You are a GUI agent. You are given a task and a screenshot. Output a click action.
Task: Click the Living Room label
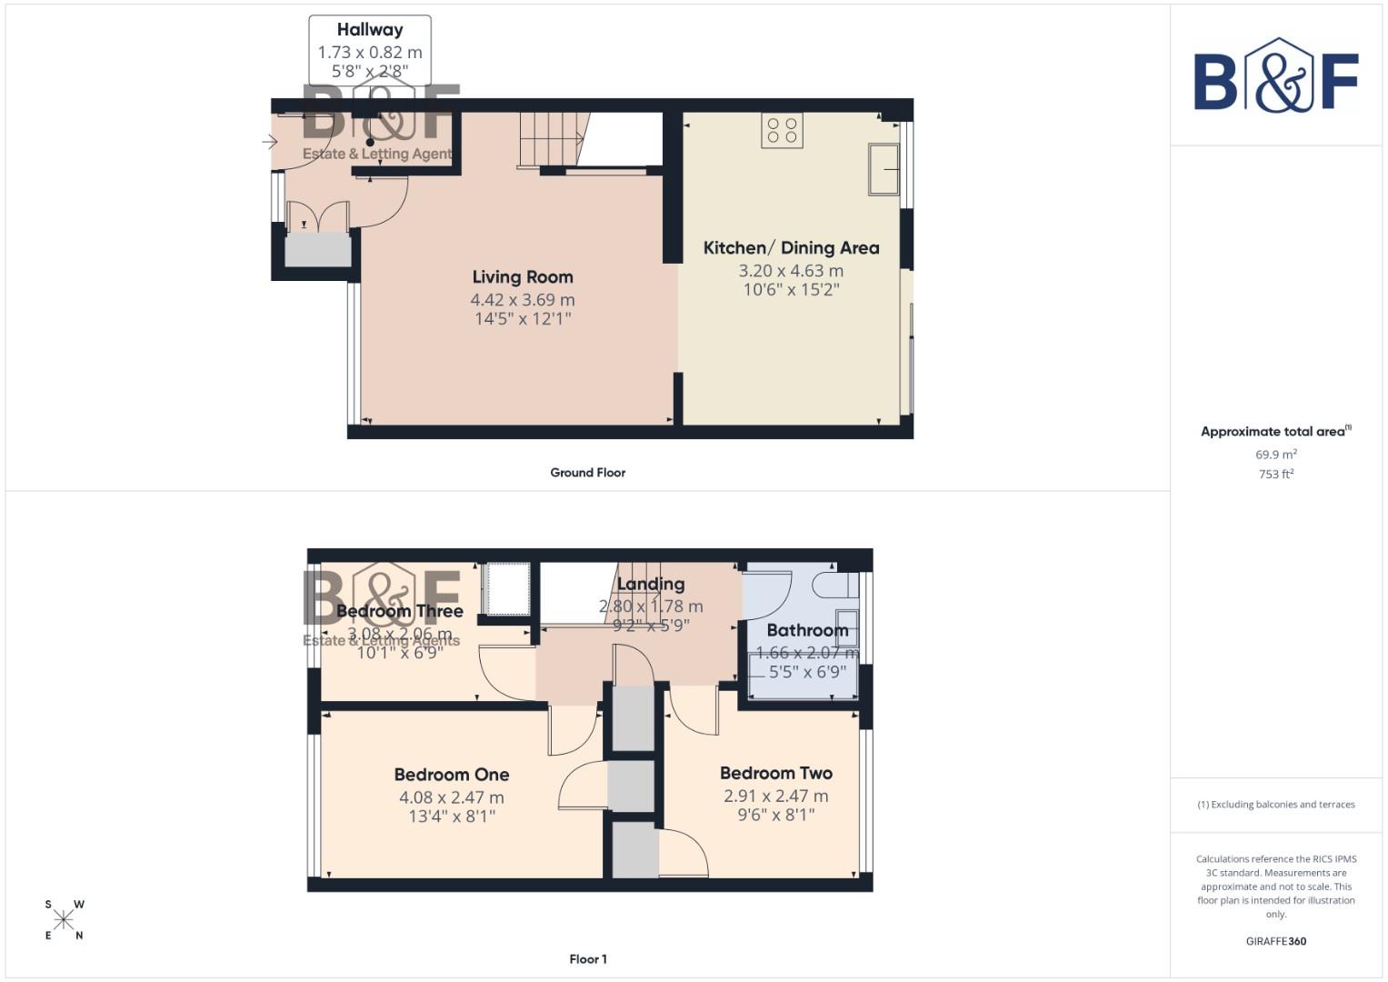pyautogui.click(x=523, y=277)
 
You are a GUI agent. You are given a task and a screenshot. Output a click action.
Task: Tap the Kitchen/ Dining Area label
pyautogui.click(x=791, y=247)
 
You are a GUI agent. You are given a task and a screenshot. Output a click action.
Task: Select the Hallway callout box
pyautogui.click(x=370, y=50)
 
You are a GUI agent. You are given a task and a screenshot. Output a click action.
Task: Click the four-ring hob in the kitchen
pyautogui.click(x=782, y=130)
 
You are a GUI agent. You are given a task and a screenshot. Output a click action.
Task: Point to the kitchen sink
pyautogui.click(x=884, y=169)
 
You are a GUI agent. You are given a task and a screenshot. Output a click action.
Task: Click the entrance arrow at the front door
pyautogui.click(x=270, y=142)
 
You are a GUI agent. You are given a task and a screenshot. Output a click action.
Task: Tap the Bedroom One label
pyautogui.click(x=451, y=775)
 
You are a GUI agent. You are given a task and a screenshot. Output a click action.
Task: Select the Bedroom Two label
pyautogui.click(x=775, y=773)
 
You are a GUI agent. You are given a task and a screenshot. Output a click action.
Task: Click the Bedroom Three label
pyautogui.click(x=400, y=611)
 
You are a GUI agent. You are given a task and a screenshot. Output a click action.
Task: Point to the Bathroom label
pyautogui.click(x=807, y=630)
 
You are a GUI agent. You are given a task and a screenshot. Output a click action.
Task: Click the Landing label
pyautogui.click(x=651, y=584)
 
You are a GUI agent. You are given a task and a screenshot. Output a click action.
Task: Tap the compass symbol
pyautogui.click(x=64, y=920)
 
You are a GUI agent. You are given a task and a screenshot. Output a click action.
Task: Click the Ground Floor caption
pyautogui.click(x=587, y=473)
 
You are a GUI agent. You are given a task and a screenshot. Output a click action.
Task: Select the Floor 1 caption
pyautogui.click(x=587, y=959)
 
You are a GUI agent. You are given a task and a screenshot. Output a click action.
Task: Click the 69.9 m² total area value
pyautogui.click(x=1276, y=455)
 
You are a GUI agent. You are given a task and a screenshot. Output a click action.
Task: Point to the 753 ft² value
pyautogui.click(x=1276, y=474)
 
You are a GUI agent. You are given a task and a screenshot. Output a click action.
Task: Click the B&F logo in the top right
pyautogui.click(x=1276, y=77)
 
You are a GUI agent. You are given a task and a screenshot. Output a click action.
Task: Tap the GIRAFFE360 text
pyautogui.click(x=1276, y=941)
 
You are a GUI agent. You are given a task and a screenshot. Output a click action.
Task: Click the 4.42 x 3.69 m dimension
pyautogui.click(x=523, y=300)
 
